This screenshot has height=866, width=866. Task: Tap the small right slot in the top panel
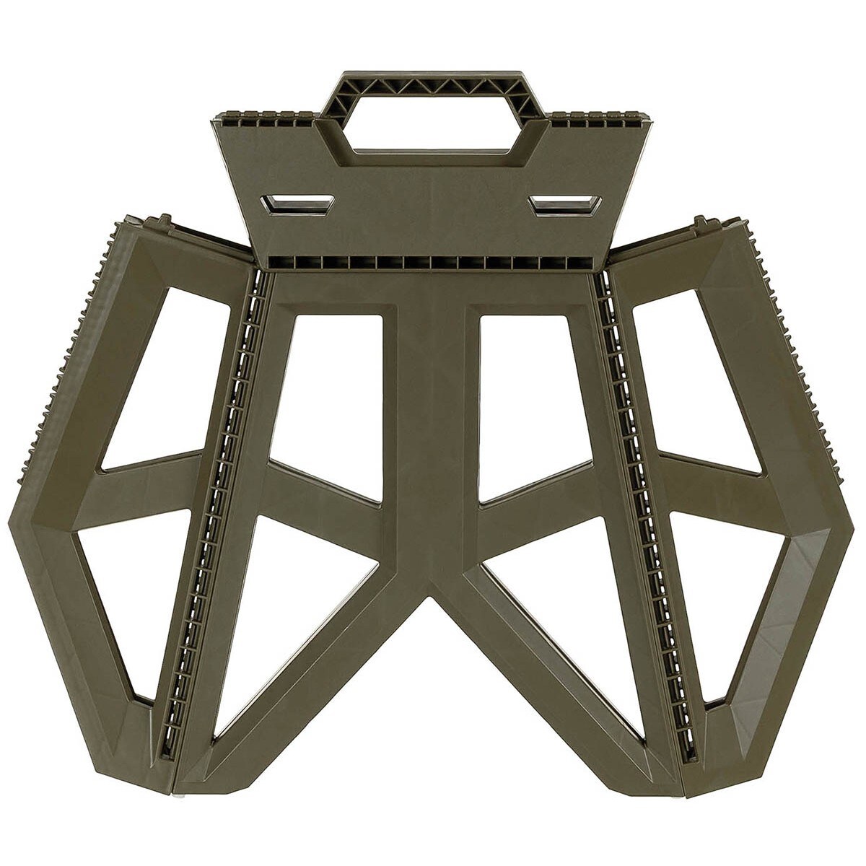point(566,204)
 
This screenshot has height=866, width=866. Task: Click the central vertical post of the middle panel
point(432,433)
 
